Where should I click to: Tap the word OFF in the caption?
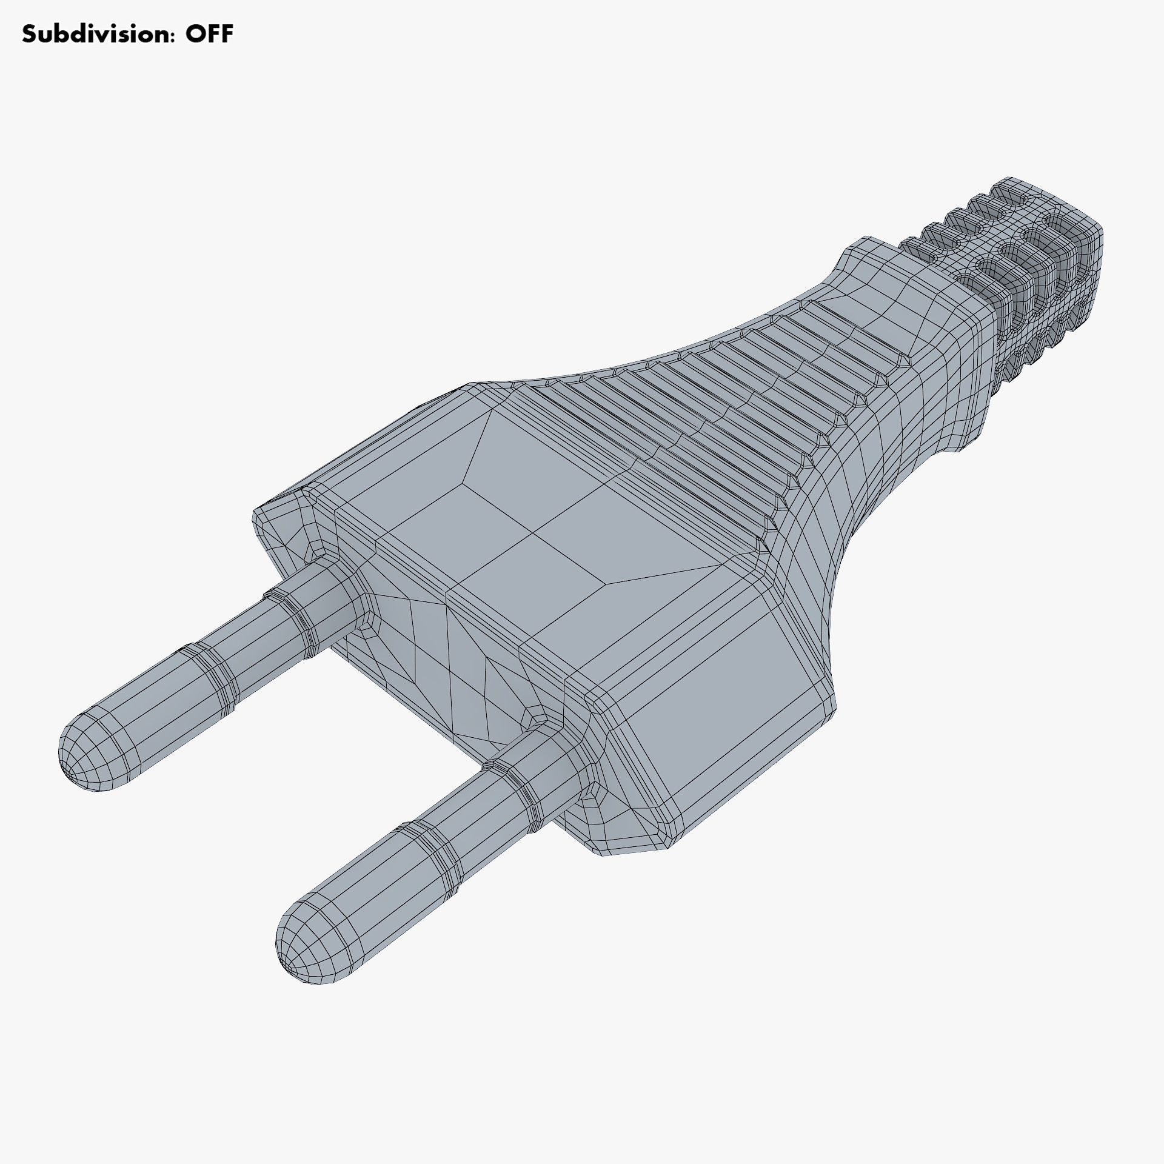(209, 35)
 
